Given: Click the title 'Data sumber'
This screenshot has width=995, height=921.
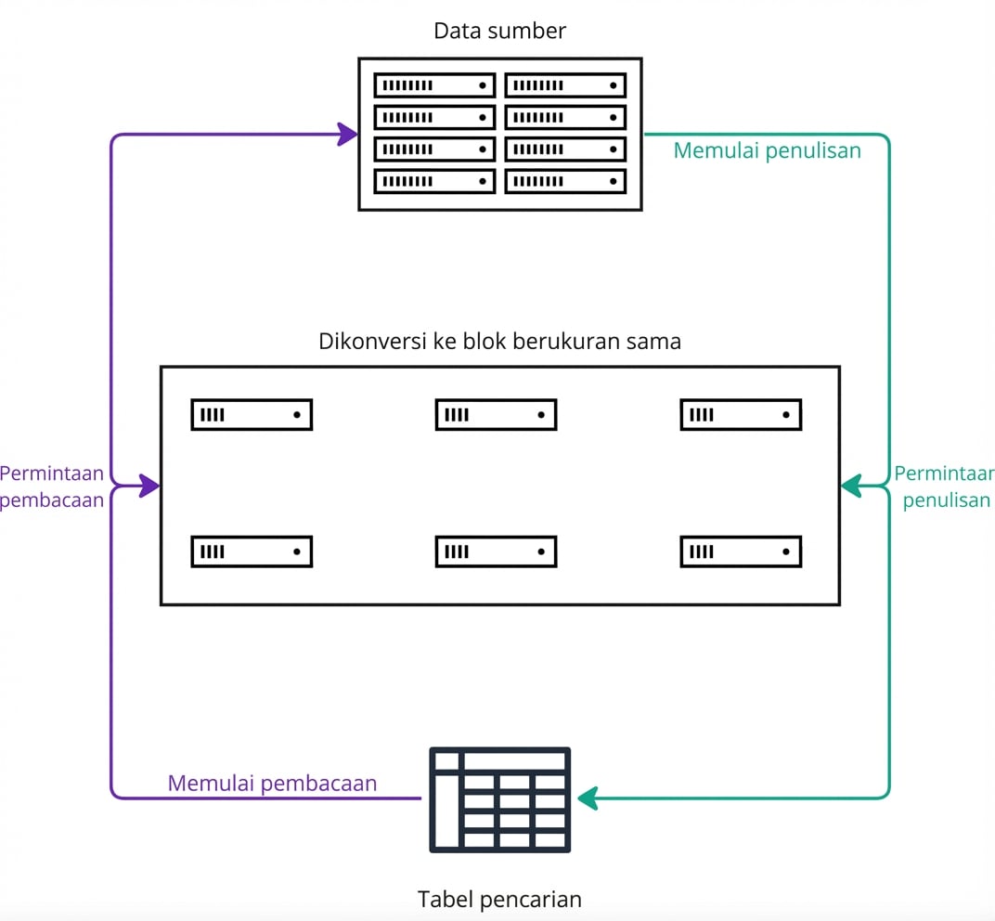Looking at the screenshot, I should (x=499, y=31).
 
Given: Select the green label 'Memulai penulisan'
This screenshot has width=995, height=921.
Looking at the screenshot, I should (x=767, y=150).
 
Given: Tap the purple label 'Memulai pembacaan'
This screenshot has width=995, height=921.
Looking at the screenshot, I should (x=272, y=784).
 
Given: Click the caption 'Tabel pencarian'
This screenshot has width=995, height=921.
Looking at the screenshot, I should (x=499, y=899).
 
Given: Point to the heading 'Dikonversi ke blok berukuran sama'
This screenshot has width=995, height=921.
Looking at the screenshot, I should (x=499, y=341).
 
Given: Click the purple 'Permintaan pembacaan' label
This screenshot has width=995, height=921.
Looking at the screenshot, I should (x=52, y=487).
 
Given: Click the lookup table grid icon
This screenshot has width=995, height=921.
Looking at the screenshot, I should (x=499, y=799).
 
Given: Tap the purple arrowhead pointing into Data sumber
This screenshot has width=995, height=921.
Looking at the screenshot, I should (x=347, y=135).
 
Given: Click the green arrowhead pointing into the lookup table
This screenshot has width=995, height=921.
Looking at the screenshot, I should (x=588, y=798).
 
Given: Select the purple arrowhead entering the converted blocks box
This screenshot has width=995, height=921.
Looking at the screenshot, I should (x=149, y=485).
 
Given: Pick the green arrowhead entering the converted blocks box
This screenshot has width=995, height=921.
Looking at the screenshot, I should (x=851, y=485).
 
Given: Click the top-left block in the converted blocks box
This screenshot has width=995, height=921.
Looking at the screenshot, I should (x=252, y=415).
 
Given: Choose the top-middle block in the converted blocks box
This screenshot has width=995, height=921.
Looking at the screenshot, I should (x=496, y=415).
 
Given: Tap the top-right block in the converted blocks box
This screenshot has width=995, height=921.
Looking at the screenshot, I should (x=741, y=415).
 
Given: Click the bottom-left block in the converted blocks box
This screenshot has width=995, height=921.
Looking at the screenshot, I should (x=252, y=551).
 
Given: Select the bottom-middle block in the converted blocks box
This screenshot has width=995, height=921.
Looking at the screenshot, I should (x=496, y=551).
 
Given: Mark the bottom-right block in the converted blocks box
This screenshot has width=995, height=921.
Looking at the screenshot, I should (x=741, y=551).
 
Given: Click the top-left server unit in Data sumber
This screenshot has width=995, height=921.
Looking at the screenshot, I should (x=434, y=85).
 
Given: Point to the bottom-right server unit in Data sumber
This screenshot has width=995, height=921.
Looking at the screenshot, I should (x=565, y=181).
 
